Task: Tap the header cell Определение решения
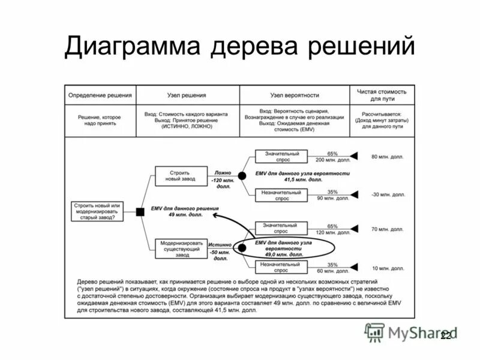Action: (100, 95)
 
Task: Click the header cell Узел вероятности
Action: (294, 95)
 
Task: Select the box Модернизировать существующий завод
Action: (181, 248)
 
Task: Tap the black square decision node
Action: (140, 211)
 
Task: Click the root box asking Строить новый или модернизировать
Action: (97, 211)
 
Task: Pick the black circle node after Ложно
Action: (242, 176)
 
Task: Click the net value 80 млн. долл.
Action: (383, 157)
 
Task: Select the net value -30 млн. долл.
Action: (383, 194)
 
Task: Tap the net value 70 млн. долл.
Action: (383, 229)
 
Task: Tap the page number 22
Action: (445, 336)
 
